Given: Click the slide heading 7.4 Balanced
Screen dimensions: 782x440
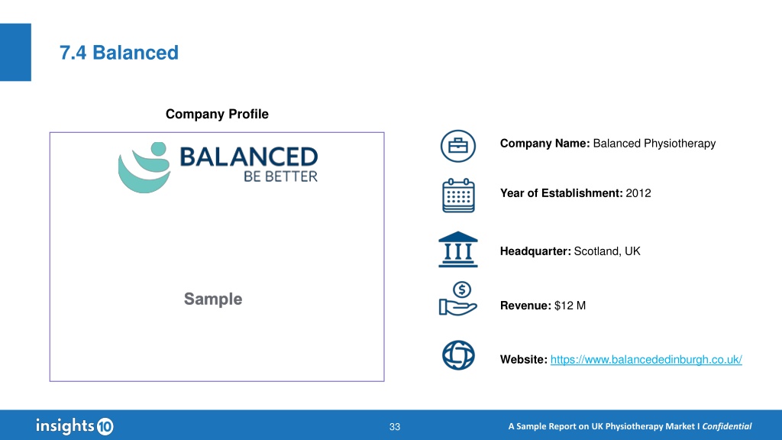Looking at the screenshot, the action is (118, 53).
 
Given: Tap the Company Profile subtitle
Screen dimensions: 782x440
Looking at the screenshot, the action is (217, 115).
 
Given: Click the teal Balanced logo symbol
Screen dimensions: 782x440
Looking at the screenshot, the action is (144, 167).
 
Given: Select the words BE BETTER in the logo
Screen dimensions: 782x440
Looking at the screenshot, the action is (280, 176).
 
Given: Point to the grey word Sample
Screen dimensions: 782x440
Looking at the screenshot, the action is (213, 299).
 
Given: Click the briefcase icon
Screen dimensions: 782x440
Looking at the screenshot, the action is (458, 146).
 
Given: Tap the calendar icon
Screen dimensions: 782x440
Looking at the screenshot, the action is (458, 196).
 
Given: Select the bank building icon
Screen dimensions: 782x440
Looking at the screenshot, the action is (458, 250).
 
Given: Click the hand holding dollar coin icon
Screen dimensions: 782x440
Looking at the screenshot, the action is (458, 299).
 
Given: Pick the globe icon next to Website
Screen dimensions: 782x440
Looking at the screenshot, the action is (458, 355).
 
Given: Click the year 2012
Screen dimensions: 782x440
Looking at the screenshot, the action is (638, 193).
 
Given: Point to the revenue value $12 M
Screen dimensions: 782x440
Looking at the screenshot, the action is (570, 306).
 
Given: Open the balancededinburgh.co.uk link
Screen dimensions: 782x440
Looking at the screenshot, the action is (646, 359).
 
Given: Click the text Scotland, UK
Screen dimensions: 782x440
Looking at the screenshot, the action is (607, 251).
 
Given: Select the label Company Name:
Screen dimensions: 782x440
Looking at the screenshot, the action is (545, 144).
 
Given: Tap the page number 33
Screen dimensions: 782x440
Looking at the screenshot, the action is (395, 427).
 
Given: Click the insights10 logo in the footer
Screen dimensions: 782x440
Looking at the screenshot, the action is (75, 426).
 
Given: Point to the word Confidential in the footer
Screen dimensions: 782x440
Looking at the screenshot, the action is (727, 426).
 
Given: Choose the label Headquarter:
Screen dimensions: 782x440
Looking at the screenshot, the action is (535, 251).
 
